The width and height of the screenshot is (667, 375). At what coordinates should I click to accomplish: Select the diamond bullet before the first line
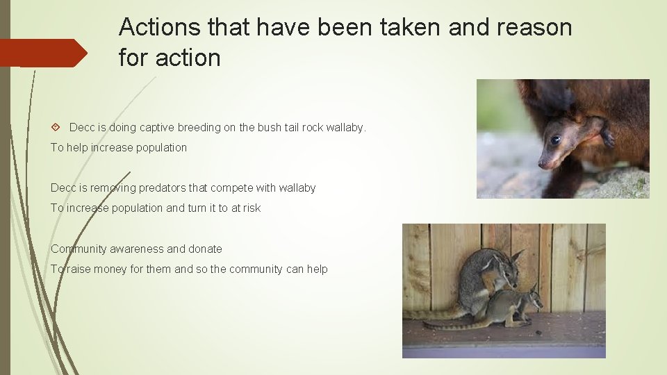click(56, 128)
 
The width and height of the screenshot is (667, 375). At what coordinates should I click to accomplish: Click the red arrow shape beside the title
click(43, 53)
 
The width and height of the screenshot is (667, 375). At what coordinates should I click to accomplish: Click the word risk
click(252, 208)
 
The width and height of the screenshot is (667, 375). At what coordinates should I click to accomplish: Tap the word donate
click(205, 249)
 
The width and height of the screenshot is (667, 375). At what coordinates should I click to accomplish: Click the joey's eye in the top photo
click(555, 140)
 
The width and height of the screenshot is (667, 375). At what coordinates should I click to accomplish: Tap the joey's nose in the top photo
click(542, 165)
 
